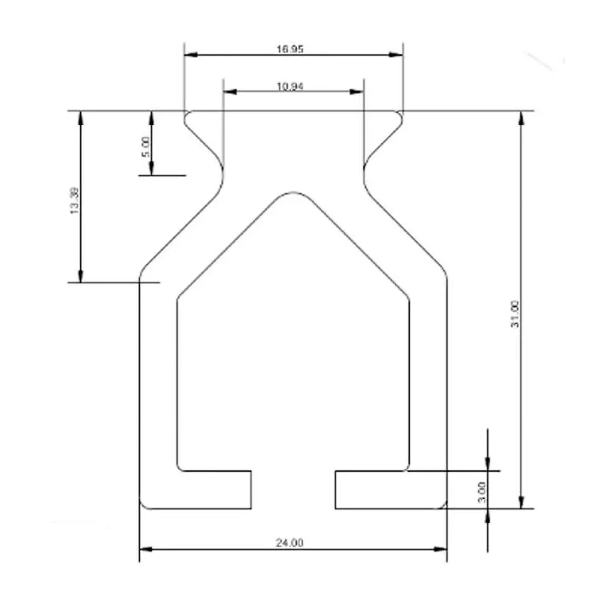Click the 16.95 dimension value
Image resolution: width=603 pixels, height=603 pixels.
290,49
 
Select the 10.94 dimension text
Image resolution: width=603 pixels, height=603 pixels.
290,86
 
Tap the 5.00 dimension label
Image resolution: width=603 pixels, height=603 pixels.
145,147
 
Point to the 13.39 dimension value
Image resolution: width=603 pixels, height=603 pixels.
75,200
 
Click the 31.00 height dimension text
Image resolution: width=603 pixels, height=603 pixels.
515,314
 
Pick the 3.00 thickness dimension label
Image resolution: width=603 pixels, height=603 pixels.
482,492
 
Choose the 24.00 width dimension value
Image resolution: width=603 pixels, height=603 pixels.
289,543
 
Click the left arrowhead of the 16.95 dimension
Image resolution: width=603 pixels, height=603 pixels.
191,54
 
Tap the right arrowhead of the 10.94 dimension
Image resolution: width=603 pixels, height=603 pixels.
357,91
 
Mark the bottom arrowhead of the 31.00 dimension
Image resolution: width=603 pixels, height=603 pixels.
522,501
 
